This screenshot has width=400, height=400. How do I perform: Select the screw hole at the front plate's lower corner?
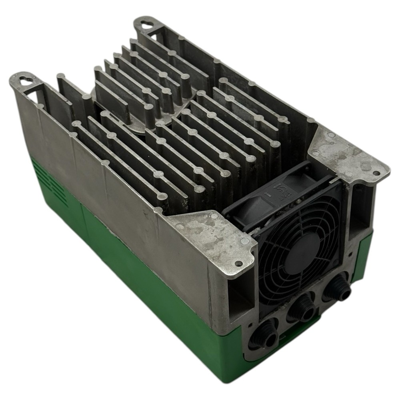point(238,263)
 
